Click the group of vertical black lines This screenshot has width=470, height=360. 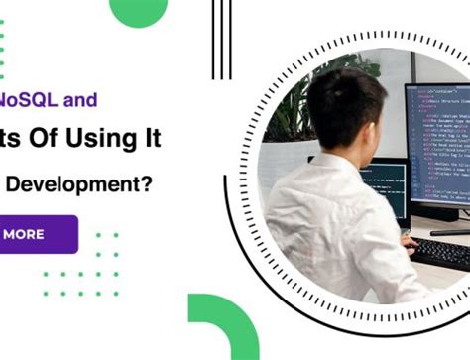click(220, 40)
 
